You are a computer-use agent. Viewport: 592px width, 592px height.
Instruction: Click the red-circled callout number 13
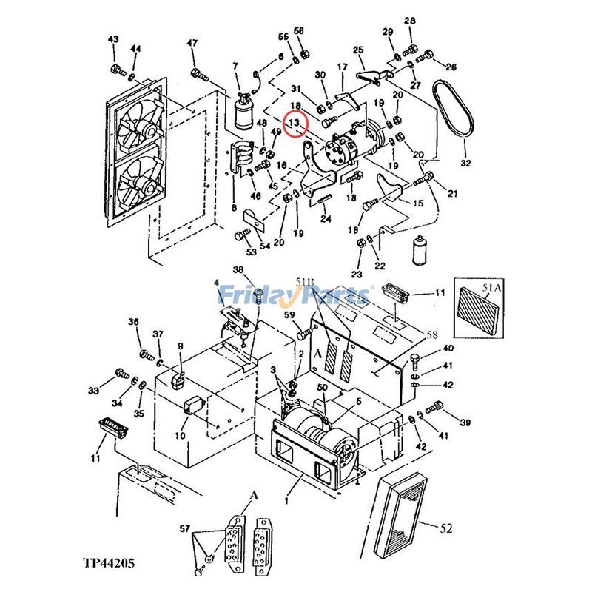pos(295,123)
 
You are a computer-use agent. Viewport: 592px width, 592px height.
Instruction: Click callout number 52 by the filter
pos(445,528)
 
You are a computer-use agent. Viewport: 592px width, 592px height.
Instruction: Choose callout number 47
pos(192,43)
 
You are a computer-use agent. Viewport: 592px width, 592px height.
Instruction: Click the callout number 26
pos(451,67)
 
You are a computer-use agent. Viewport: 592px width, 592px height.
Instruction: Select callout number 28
pos(410,20)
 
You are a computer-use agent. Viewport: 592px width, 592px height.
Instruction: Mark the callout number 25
pos(359,50)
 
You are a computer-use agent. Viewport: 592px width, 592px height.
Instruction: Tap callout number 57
pos(184,528)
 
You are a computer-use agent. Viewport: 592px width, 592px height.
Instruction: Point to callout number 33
pos(92,390)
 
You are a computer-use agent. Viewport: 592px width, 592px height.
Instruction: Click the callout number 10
pos(180,436)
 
